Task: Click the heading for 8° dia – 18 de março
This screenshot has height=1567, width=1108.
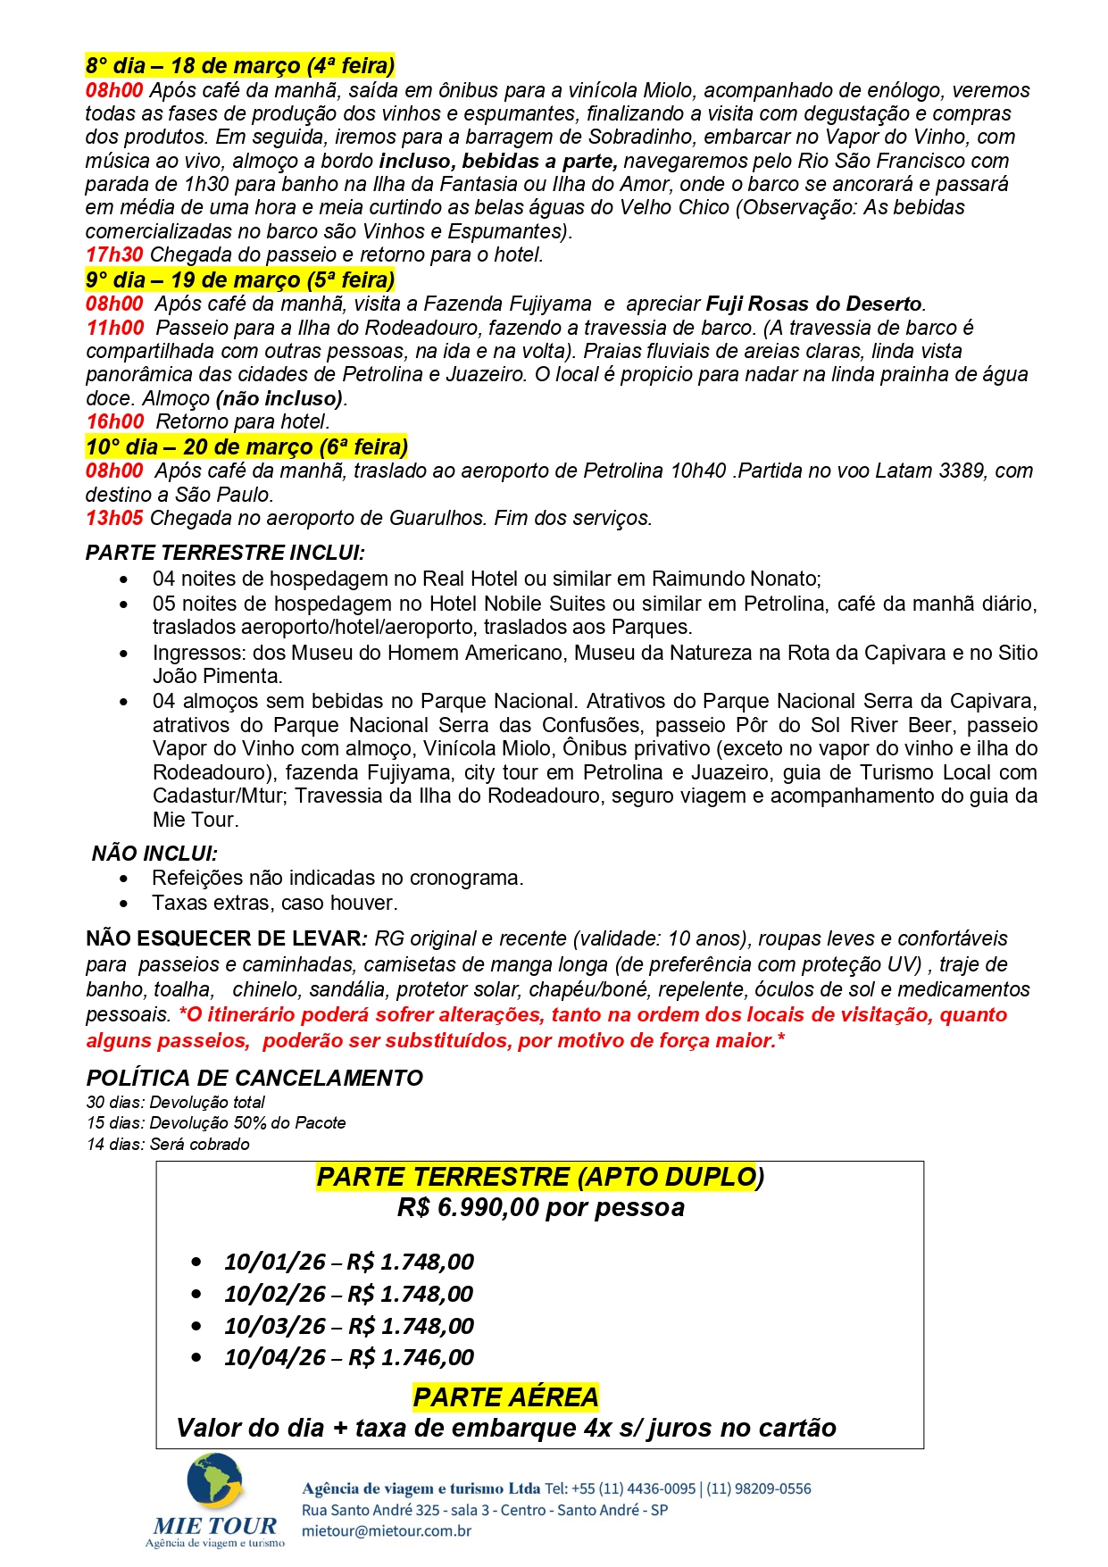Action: click(x=239, y=66)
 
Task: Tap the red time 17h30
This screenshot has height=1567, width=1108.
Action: click(x=113, y=254)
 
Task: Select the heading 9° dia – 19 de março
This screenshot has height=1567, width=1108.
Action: click(x=239, y=280)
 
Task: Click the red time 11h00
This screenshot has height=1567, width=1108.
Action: click(x=114, y=328)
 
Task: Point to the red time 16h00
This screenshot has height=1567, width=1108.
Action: click(x=114, y=421)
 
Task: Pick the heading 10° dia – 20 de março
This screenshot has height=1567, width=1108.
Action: click(x=246, y=446)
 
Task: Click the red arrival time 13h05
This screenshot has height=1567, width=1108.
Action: click(x=113, y=518)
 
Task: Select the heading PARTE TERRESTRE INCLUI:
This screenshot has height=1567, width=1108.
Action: click(x=225, y=553)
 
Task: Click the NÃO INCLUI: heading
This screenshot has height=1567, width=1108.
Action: click(x=154, y=854)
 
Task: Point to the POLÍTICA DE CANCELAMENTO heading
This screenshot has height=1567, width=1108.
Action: click(x=254, y=1079)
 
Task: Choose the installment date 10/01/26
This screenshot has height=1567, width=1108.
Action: click(x=275, y=1262)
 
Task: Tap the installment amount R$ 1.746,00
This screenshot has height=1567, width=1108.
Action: click(x=411, y=1357)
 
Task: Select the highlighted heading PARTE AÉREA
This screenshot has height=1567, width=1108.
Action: click(x=505, y=1396)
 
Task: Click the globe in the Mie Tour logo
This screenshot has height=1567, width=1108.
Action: click(x=214, y=1481)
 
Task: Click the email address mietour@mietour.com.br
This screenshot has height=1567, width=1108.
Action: click(x=387, y=1530)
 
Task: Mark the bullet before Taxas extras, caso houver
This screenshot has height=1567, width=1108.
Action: click(x=124, y=904)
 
